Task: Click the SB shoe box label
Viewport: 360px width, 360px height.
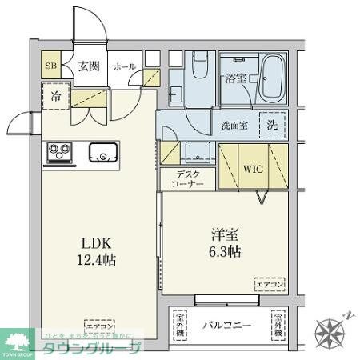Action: (50, 67)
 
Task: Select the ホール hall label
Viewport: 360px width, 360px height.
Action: (124, 68)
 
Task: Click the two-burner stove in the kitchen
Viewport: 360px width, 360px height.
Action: (58, 150)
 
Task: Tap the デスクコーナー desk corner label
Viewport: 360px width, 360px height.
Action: (186, 179)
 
